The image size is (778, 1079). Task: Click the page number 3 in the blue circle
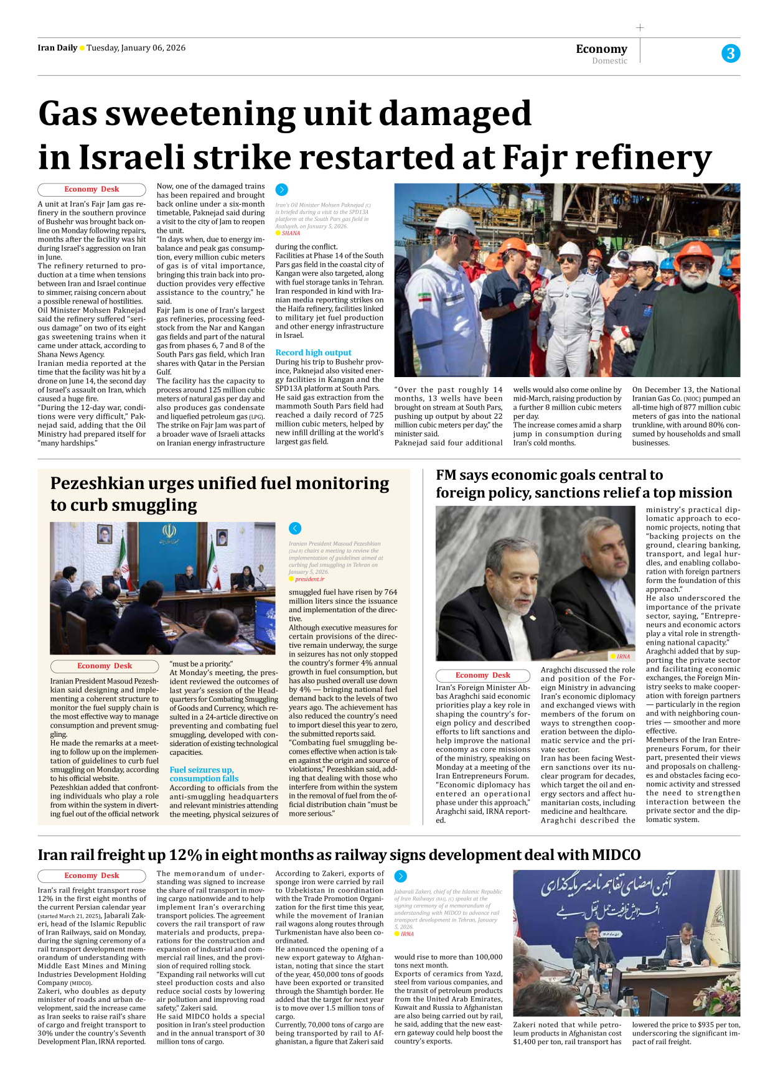pos(731,54)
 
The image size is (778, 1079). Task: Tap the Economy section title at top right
pos(601,49)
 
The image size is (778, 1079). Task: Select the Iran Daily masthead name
pos(57,48)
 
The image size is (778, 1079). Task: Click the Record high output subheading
pos(313,352)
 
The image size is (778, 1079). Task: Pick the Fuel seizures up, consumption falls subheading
pos(204,774)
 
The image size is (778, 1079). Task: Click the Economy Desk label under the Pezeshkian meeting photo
pos(105,666)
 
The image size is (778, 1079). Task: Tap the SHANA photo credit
pos(291,233)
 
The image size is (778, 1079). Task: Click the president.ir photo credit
pos(309,579)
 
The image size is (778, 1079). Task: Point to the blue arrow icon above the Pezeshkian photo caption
pos(295,528)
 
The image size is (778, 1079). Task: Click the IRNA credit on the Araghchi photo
pos(623,656)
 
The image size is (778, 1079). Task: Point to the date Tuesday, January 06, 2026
pos(136,48)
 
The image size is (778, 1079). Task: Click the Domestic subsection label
pos(609,61)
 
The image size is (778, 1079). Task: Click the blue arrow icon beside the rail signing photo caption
pos(400,876)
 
